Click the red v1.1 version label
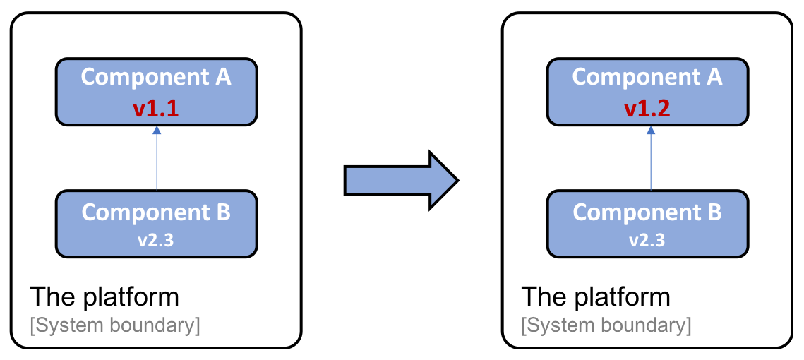157,109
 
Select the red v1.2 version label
647,109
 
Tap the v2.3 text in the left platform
157,240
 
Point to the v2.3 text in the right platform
647,240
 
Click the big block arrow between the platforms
401,181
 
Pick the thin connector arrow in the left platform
157,158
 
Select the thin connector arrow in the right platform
651,158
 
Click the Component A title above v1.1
157,78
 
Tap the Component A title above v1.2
647,78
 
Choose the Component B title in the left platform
157,212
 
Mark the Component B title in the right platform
647,212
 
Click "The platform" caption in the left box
104,297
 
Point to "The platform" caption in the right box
596,297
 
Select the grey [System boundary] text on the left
115,326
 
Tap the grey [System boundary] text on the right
606,326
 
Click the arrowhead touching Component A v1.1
157,131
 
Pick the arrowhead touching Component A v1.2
651,131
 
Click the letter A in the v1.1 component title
223,77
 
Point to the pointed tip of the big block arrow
458,181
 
